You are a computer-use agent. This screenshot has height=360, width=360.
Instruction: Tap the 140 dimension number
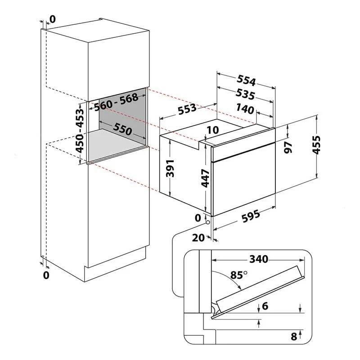click(x=245, y=108)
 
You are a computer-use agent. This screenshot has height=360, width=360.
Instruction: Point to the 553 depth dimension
click(x=187, y=108)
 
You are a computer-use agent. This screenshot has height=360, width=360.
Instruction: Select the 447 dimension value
click(x=206, y=178)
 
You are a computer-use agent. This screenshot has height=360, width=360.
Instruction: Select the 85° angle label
click(x=239, y=274)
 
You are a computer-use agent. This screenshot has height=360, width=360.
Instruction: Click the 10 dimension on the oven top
click(x=213, y=130)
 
